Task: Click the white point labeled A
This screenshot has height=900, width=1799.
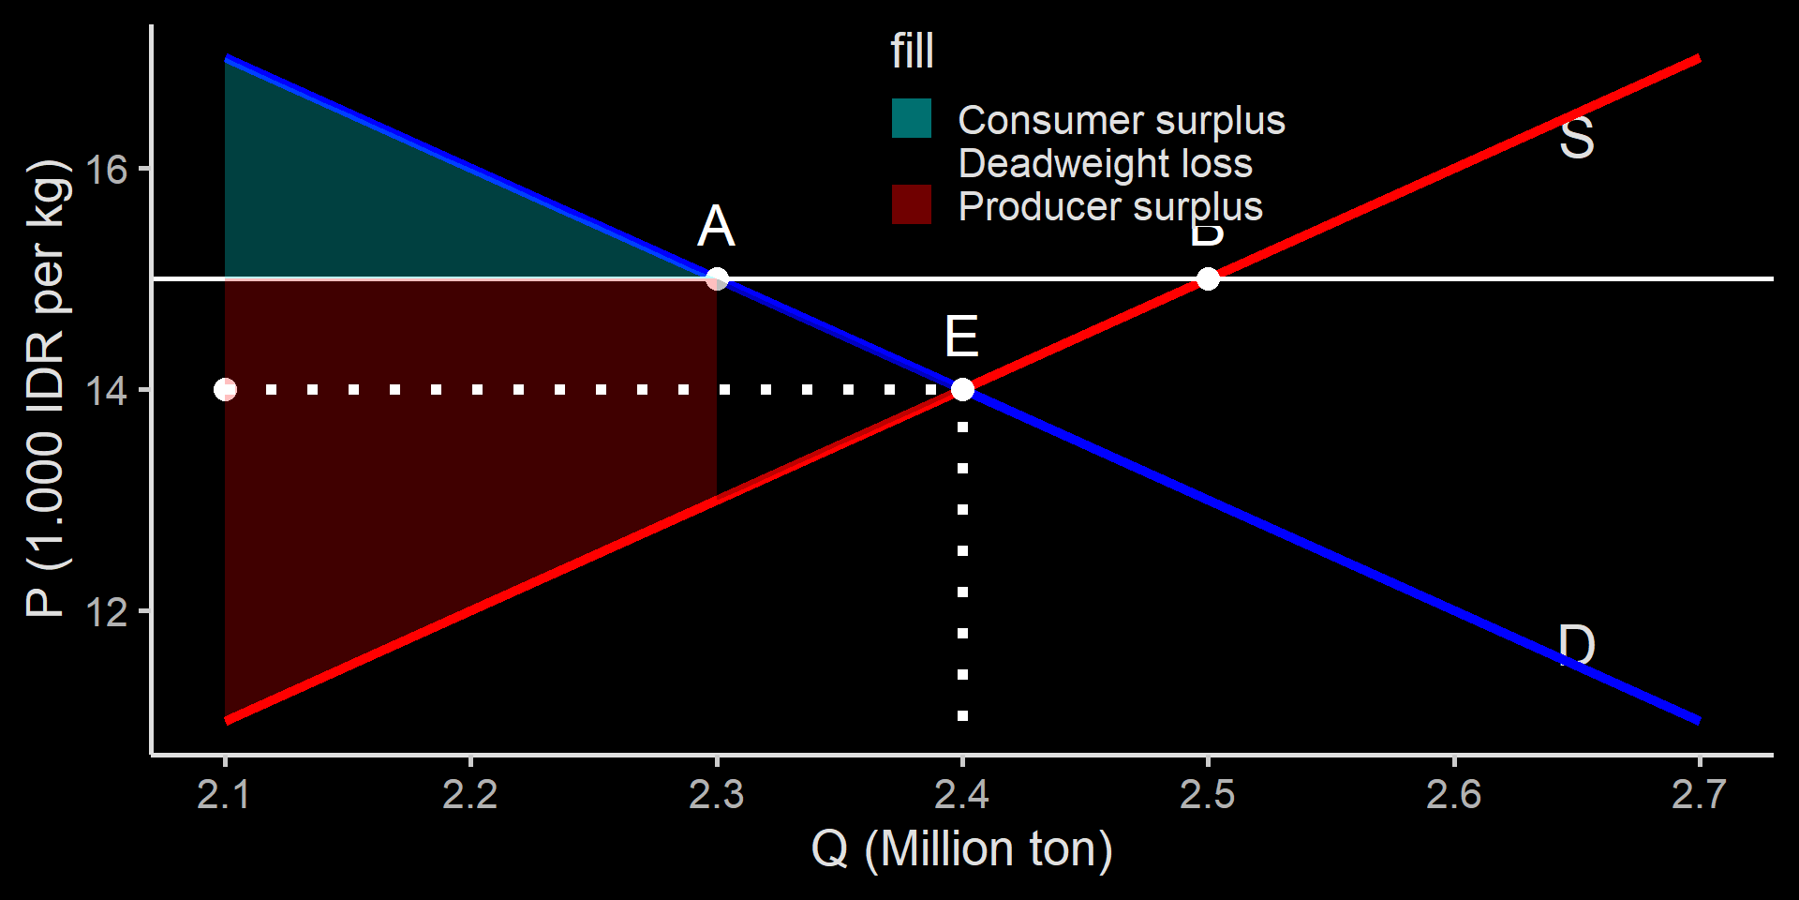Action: tap(717, 278)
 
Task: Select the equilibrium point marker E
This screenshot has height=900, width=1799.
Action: tap(962, 389)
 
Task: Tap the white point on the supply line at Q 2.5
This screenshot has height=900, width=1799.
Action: tap(1208, 278)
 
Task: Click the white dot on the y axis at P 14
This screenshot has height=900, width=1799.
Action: tap(225, 389)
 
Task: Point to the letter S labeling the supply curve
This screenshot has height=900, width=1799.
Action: tap(1576, 139)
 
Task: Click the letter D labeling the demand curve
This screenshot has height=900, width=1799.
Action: tap(1576, 645)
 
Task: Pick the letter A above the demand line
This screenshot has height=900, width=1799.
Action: tap(717, 226)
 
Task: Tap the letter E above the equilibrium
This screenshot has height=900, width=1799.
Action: tap(962, 337)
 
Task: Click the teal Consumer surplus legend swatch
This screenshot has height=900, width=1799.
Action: tap(911, 119)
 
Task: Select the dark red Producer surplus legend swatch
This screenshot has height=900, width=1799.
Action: tap(911, 205)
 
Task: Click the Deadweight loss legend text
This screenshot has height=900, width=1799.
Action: tap(1105, 163)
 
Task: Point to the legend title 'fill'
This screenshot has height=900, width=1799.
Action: tap(912, 51)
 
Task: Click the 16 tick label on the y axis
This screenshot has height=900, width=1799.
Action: tap(106, 170)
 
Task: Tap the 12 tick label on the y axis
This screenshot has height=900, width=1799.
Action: tap(106, 612)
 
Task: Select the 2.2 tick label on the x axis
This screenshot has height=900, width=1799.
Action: tap(470, 795)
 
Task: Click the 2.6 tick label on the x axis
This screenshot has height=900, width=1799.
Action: tap(1453, 795)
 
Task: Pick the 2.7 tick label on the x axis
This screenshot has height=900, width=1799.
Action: tap(1699, 795)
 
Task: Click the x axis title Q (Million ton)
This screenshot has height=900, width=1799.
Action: tap(961, 849)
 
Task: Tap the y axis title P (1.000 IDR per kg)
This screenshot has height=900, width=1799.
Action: tap(47, 389)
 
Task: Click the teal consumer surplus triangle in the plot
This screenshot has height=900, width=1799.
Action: tap(375, 206)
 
